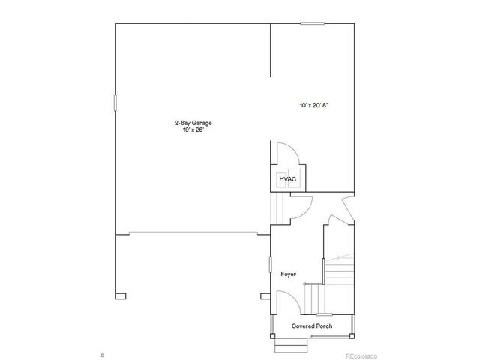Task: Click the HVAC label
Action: click(288, 180)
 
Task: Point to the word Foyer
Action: click(289, 274)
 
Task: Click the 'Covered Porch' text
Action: click(312, 326)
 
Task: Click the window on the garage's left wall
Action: click(115, 103)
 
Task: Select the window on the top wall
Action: click(312, 23)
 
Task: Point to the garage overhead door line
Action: click(191, 232)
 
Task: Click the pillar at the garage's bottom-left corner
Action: click(118, 294)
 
